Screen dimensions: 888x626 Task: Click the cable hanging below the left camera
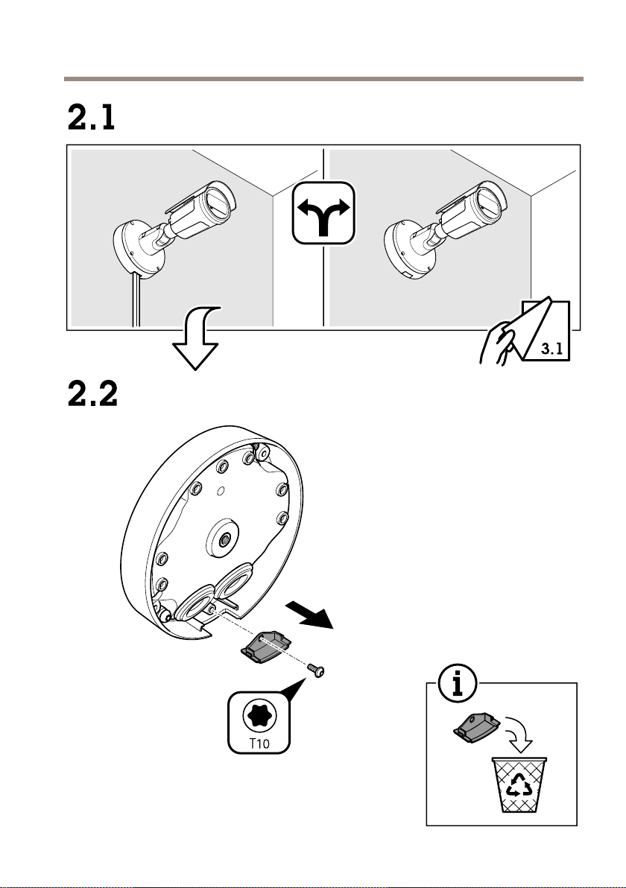click(134, 302)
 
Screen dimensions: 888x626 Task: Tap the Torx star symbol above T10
click(257, 714)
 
